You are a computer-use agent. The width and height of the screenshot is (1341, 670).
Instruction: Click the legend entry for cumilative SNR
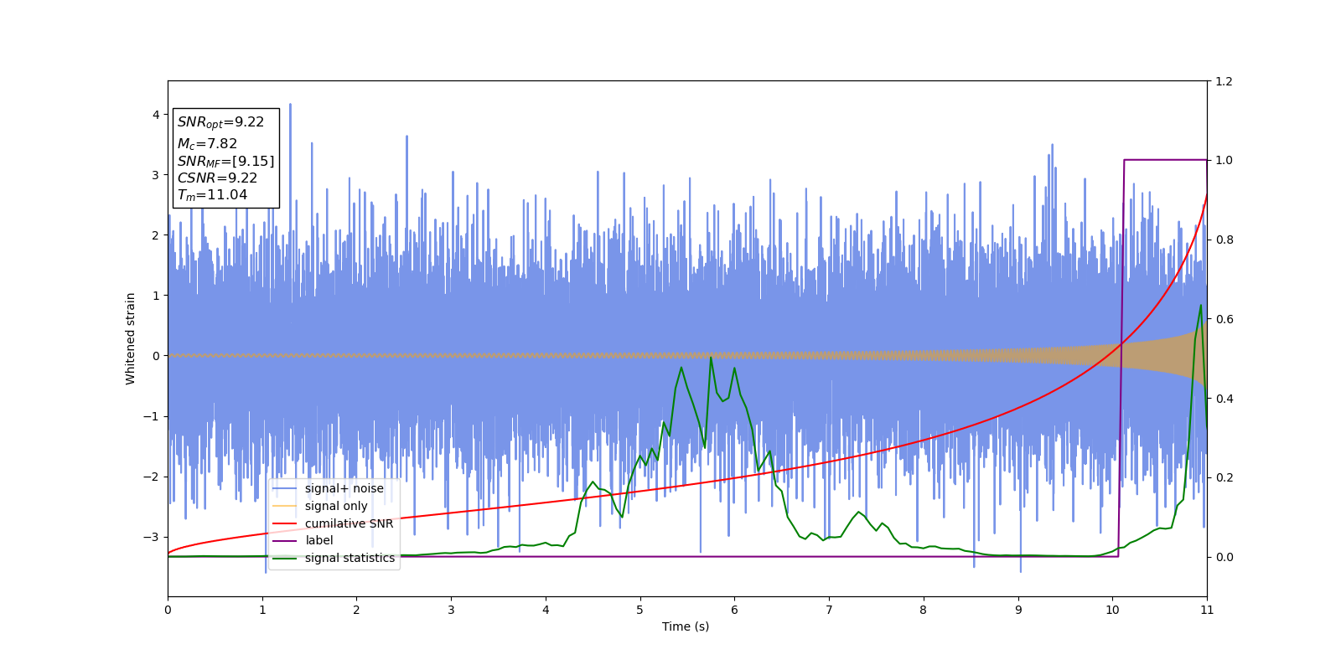[x=349, y=523]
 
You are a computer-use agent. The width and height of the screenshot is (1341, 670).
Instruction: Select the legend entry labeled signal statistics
[x=349, y=558]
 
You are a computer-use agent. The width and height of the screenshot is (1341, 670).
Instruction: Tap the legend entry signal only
[x=336, y=506]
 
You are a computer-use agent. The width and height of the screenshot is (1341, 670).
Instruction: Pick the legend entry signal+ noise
[x=344, y=488]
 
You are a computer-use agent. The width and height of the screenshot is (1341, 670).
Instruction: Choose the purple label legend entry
[x=318, y=540]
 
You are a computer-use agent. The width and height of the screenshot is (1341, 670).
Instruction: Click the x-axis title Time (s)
[x=686, y=626]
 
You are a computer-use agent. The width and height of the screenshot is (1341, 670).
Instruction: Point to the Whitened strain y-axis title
[x=131, y=338]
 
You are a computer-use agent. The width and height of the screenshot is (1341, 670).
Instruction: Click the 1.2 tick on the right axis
[x=1224, y=81]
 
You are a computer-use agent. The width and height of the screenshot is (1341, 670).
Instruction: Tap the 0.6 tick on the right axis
[x=1224, y=319]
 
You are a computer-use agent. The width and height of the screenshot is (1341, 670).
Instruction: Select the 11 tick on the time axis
[x=1207, y=610]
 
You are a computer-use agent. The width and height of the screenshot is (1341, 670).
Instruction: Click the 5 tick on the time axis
[x=640, y=610]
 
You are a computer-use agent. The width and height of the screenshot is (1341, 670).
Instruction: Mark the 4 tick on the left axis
[x=156, y=115]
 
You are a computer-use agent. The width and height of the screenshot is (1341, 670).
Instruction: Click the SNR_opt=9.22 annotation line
[x=220, y=122]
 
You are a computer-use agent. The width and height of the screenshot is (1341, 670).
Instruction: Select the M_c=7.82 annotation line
[x=207, y=144]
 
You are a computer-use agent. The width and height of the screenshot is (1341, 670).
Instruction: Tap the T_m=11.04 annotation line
[x=212, y=195]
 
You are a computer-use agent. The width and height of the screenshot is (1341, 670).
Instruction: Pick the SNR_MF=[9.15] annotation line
[x=225, y=161]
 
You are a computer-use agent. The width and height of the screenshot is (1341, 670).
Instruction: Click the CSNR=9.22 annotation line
[x=217, y=178]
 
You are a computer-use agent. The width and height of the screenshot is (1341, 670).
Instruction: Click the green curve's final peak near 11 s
[x=1200, y=306]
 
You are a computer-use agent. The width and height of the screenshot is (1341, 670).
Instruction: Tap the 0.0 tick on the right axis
[x=1224, y=557]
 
